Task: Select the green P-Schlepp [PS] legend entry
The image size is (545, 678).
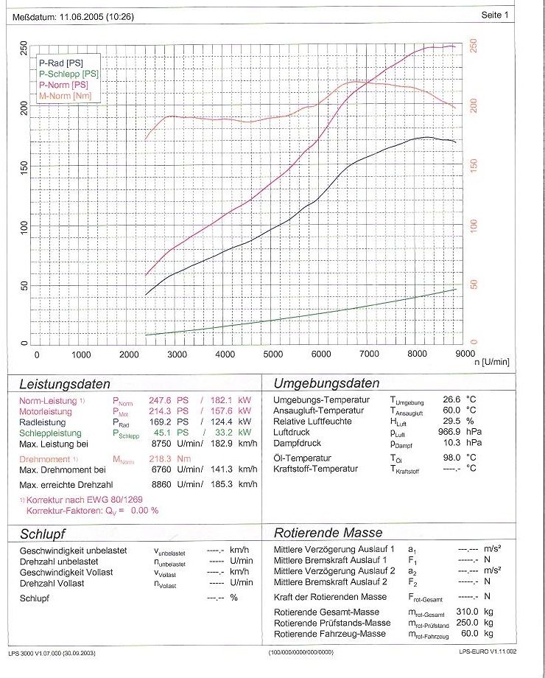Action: (68, 74)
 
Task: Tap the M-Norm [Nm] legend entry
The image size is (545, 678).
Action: (66, 96)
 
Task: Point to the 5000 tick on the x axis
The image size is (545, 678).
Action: (272, 354)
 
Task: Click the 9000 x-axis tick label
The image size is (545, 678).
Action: (463, 354)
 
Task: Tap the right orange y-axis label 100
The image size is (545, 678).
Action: (474, 225)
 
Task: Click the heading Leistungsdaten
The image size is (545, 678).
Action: (65, 384)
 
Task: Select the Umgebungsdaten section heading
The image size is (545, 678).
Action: (326, 383)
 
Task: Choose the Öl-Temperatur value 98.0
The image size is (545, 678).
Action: (451, 457)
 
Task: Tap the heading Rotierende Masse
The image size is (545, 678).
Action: (328, 532)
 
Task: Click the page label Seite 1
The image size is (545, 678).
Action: (495, 15)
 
